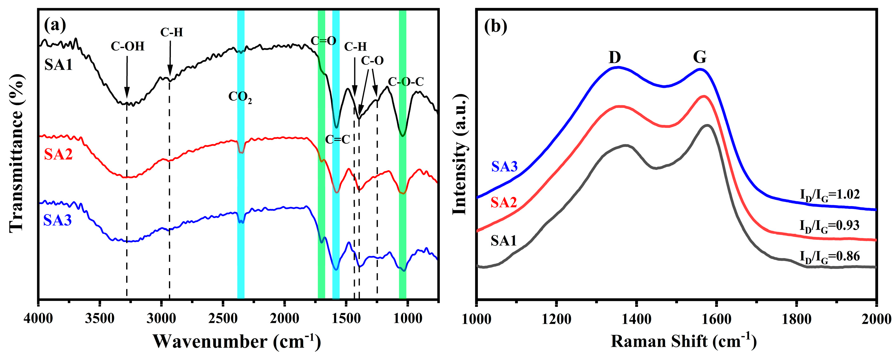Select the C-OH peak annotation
coord(127,46)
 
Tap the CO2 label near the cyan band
coord(240,97)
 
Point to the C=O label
coord(323,41)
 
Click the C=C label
coord(337,139)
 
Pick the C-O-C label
coord(406,82)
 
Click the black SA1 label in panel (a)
coord(58,65)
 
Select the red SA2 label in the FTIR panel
coord(58,154)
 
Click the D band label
coord(615,57)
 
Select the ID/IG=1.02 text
coord(830,195)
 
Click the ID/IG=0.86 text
coord(830,257)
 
